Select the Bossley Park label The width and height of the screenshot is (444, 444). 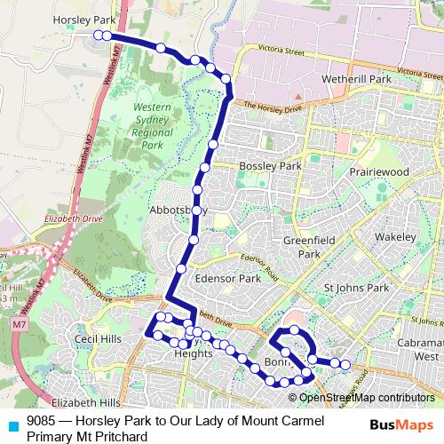[x=271, y=166]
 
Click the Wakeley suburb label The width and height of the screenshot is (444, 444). [x=395, y=238]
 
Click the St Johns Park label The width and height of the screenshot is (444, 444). [x=357, y=289]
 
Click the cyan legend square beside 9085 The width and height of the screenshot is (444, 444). [x=12, y=422]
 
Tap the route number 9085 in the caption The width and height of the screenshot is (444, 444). [x=42, y=421]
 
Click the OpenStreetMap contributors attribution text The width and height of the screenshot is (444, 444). [x=366, y=398]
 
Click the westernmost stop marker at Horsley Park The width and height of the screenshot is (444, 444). [x=98, y=36]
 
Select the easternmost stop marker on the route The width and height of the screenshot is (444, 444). [x=345, y=362]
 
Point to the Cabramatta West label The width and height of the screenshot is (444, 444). [x=418, y=348]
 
